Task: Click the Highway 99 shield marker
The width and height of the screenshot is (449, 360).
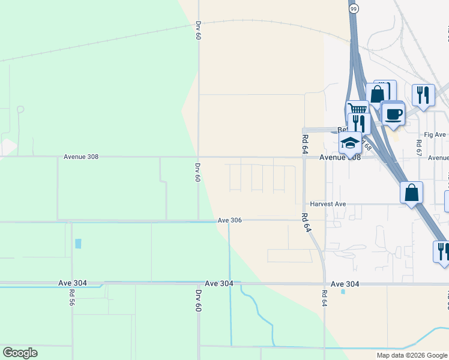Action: pyautogui.click(x=354, y=8)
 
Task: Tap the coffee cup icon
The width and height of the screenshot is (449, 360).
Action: pyautogui.click(x=393, y=113)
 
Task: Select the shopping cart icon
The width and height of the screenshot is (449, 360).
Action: pyautogui.click(x=357, y=109)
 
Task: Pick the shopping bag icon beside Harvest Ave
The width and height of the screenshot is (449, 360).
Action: pyautogui.click(x=411, y=193)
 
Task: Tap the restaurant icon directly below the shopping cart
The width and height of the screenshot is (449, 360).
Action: pyautogui.click(x=358, y=123)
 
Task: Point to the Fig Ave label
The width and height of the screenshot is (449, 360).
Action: pyautogui.click(x=434, y=134)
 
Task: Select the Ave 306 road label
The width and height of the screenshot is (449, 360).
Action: pyautogui.click(x=229, y=220)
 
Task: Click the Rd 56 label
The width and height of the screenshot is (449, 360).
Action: pyautogui.click(x=71, y=298)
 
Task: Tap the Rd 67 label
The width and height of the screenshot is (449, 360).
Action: pyautogui.click(x=418, y=148)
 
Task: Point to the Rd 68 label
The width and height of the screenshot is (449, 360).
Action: pyautogui.click(x=367, y=145)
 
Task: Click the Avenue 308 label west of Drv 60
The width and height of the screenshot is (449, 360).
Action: pyautogui.click(x=80, y=157)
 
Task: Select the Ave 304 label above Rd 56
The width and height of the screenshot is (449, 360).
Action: pyautogui.click(x=73, y=283)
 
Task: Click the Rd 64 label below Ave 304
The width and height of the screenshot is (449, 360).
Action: pyautogui.click(x=324, y=298)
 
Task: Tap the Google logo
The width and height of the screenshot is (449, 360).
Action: pyautogui.click(x=20, y=353)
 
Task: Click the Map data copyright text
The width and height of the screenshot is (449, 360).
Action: pyautogui.click(x=412, y=355)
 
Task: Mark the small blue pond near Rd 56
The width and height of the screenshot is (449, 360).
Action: pyautogui.click(x=77, y=244)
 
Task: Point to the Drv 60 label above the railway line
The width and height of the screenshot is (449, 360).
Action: pyautogui.click(x=197, y=30)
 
